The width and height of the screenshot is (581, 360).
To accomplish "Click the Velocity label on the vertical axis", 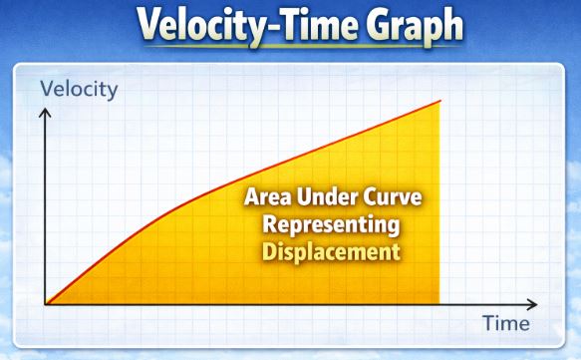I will click(x=79, y=89).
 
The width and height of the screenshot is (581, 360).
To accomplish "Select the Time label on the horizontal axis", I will click(x=506, y=323).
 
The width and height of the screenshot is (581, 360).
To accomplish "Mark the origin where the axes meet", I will click(x=44, y=303).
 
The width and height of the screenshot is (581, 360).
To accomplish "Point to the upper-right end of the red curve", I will click(x=440, y=101).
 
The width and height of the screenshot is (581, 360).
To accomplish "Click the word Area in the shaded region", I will click(x=268, y=197).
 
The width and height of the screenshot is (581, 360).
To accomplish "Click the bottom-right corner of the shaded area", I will click(x=439, y=302).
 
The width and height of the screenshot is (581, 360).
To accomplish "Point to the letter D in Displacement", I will click(x=269, y=250).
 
